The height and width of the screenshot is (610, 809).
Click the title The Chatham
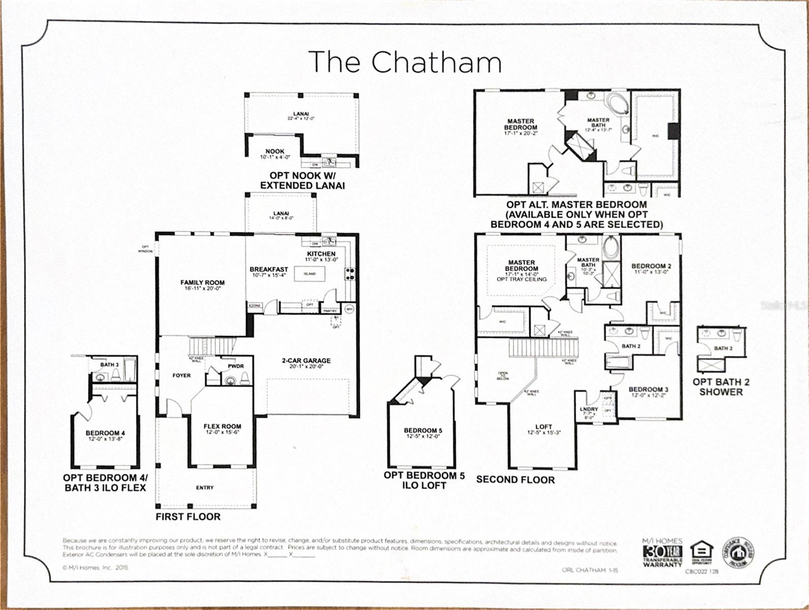click(x=405, y=62)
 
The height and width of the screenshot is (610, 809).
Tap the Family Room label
click(x=202, y=283)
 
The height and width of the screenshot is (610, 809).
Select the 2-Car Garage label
click(x=306, y=360)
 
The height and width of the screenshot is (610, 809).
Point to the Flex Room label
click(x=222, y=426)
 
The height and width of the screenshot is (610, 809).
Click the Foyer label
click(x=181, y=375)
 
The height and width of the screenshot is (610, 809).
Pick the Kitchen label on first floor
click(x=321, y=254)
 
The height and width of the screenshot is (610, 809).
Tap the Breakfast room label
click(x=269, y=269)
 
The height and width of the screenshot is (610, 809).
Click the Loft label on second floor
click(x=543, y=427)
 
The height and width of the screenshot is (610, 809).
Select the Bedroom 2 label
click(x=651, y=266)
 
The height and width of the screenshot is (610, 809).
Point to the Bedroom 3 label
click(x=648, y=389)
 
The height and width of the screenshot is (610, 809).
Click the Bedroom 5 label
click(x=423, y=431)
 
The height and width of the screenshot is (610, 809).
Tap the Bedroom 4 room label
click(x=105, y=433)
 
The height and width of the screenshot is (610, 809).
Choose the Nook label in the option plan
click(x=275, y=151)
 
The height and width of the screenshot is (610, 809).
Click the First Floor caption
click(x=188, y=516)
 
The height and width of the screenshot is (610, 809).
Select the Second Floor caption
click(x=515, y=479)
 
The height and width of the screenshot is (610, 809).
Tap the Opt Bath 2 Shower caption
click(x=721, y=387)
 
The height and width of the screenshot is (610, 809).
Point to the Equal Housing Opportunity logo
click(x=702, y=553)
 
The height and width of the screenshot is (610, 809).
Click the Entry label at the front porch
click(x=205, y=487)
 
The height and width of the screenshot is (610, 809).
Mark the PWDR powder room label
click(x=236, y=366)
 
